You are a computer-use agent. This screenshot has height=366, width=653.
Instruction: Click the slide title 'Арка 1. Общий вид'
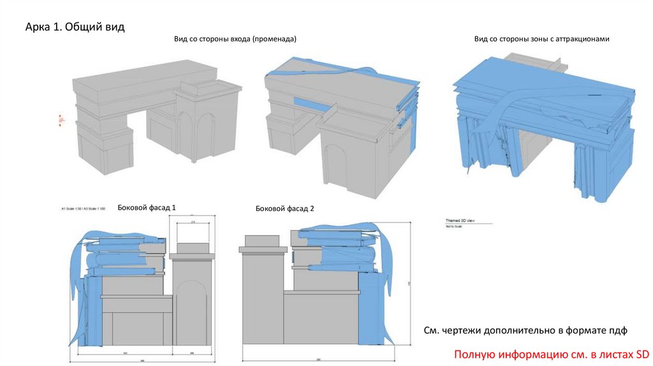tap(75, 27)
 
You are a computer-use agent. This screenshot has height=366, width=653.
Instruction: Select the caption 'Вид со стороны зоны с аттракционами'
tap(541, 40)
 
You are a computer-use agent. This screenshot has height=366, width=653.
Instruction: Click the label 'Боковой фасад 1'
tap(146, 208)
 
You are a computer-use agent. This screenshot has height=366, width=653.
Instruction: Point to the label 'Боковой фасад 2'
tap(284, 209)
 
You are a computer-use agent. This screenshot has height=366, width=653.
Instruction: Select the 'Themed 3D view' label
tap(459, 221)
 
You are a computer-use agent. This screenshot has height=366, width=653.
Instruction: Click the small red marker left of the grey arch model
tap(61, 119)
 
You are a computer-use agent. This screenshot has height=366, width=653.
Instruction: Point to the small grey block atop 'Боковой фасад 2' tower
tap(261, 241)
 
